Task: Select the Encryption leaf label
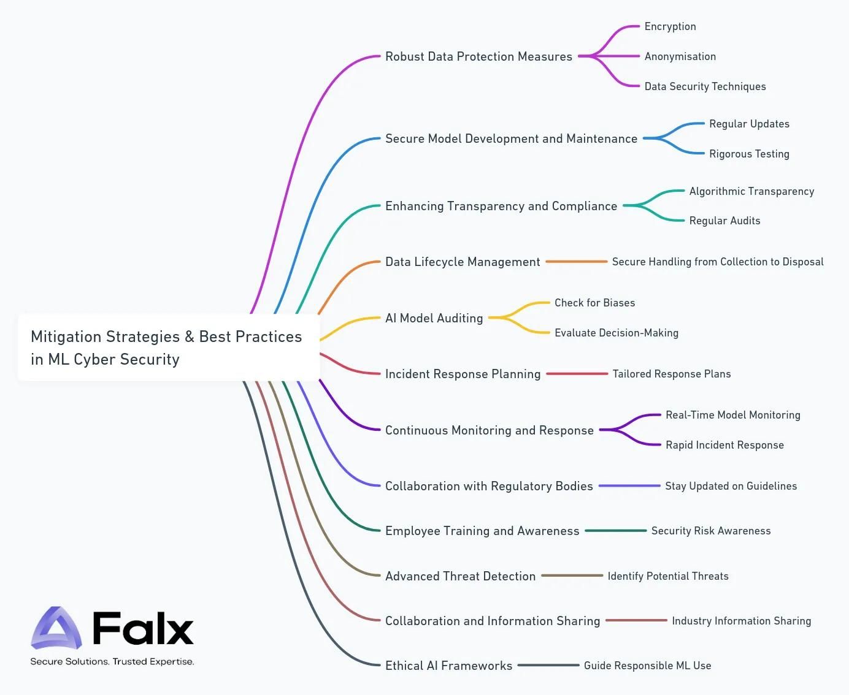[x=670, y=26]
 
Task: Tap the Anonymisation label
[x=680, y=56]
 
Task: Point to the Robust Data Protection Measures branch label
[x=478, y=56]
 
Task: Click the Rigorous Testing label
[x=749, y=154]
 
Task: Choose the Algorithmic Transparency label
[x=751, y=191]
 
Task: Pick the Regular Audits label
[x=724, y=221]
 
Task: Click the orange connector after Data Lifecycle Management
[x=576, y=262]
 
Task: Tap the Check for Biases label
[x=594, y=303]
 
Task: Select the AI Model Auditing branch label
[x=434, y=318]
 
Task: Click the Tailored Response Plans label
[x=671, y=374]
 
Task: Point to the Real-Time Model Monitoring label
[x=732, y=415]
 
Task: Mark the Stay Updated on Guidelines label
[x=731, y=486]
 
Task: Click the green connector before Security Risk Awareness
[x=615, y=531]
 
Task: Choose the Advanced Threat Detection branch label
[x=460, y=576]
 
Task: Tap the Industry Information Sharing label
[x=741, y=621]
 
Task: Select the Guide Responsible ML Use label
[x=647, y=666]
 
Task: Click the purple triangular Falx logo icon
[x=56, y=628]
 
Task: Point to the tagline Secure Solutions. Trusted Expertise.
[x=112, y=662]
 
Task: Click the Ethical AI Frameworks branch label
[x=448, y=666]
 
